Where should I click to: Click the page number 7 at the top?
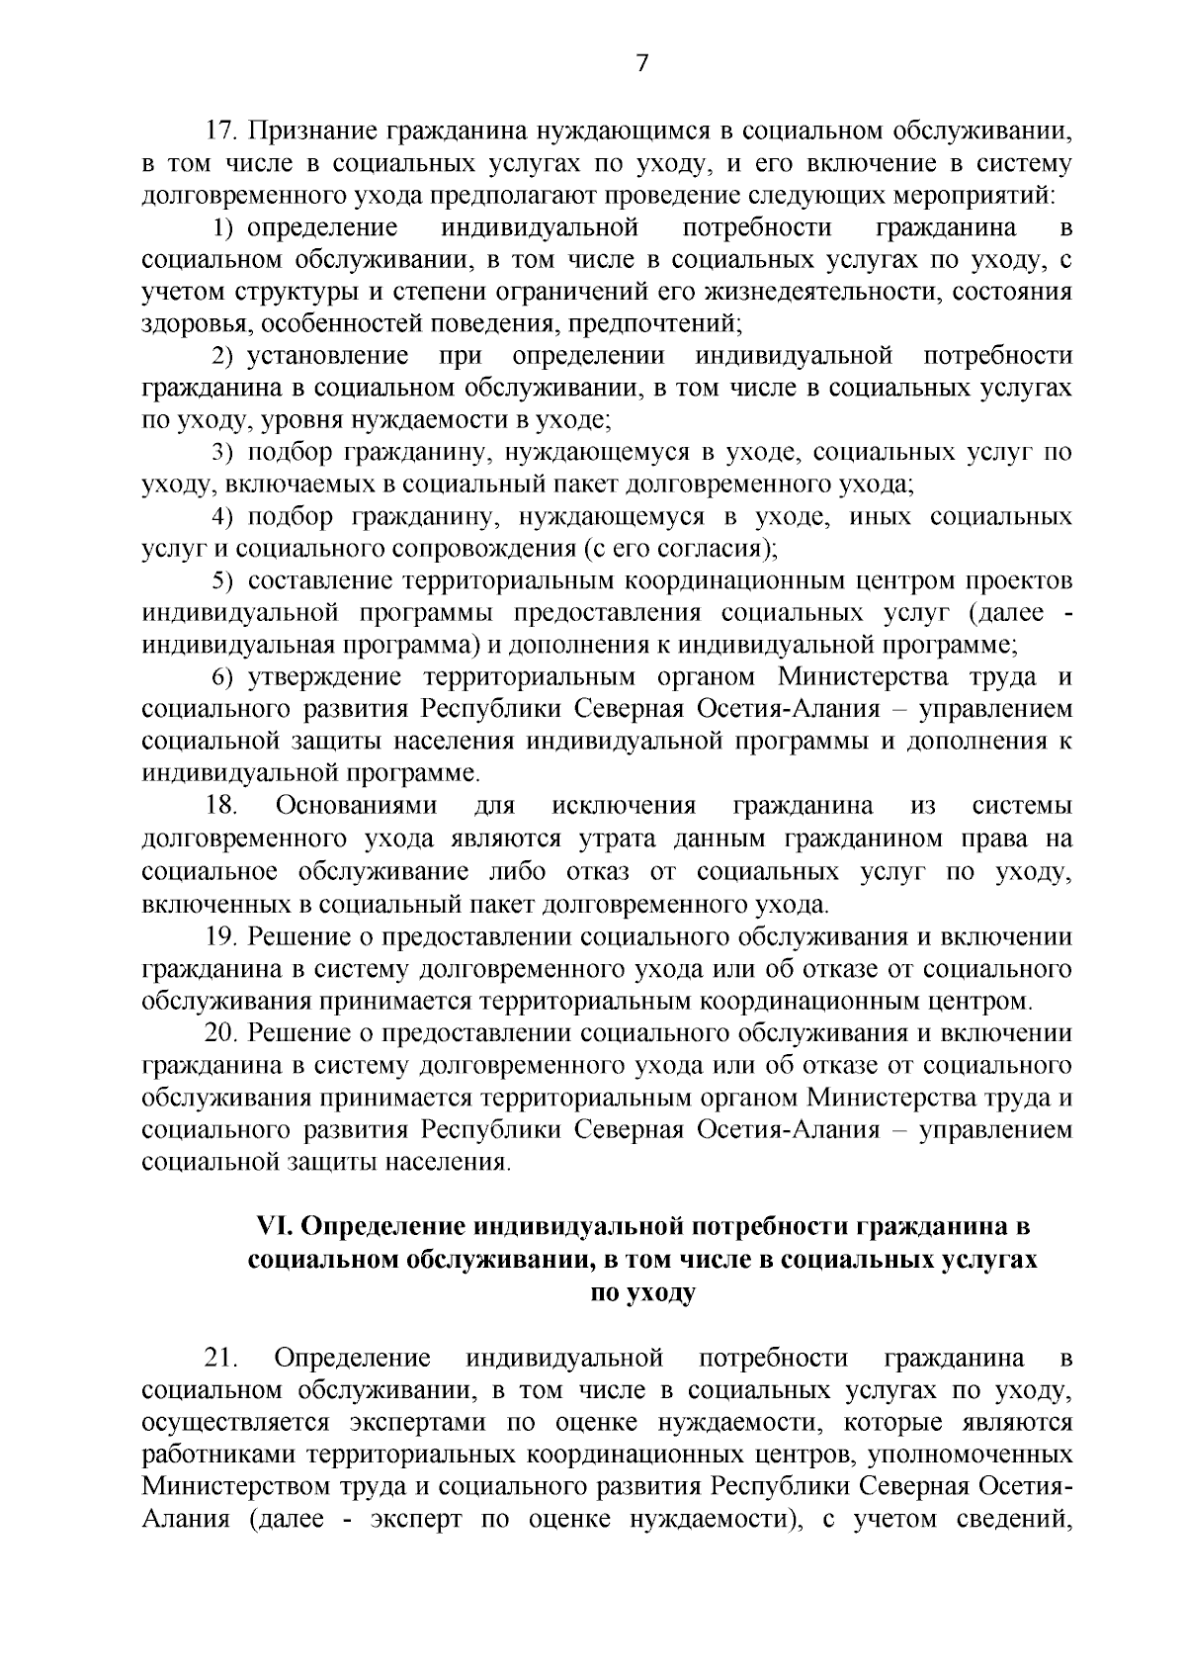click(x=642, y=64)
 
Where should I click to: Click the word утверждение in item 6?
click(x=323, y=677)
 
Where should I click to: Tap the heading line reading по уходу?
click(x=642, y=1292)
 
